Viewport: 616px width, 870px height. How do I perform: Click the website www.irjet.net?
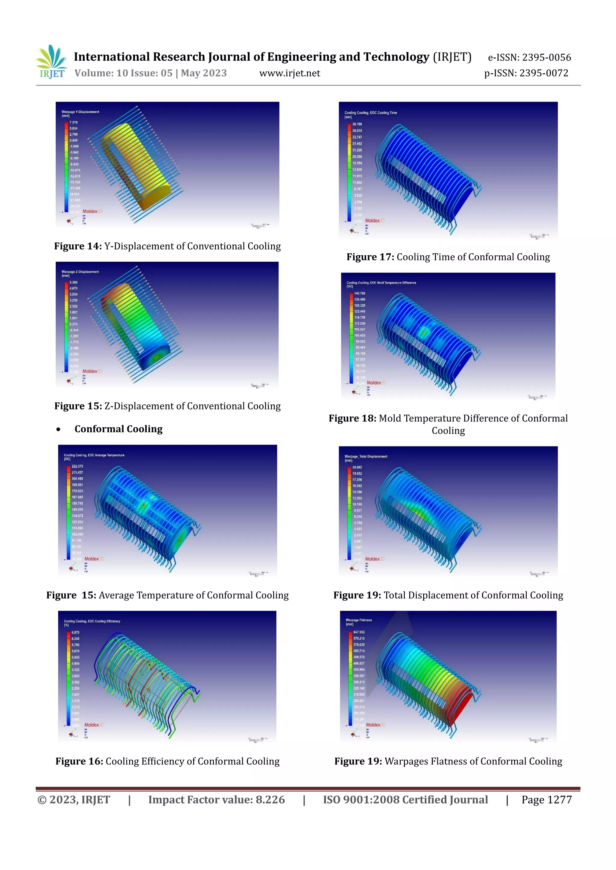click(x=289, y=73)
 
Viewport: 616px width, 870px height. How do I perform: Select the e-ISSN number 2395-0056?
click(x=546, y=58)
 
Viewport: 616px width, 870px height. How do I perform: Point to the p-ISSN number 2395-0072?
click(x=544, y=73)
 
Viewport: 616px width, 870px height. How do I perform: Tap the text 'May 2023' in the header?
click(x=204, y=73)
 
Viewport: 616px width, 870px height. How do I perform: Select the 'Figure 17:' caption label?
click(x=370, y=257)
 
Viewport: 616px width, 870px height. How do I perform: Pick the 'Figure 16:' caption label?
click(x=79, y=761)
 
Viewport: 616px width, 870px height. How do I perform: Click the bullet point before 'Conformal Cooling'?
click(x=58, y=429)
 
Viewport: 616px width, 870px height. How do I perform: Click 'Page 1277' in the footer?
click(x=546, y=800)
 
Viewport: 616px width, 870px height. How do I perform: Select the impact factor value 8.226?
click(x=270, y=800)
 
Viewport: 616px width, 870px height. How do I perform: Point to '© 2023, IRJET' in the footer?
click(x=74, y=800)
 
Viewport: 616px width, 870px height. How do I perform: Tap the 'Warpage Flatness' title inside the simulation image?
click(x=359, y=620)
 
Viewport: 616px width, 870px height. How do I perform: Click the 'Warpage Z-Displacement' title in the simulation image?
click(x=80, y=272)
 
